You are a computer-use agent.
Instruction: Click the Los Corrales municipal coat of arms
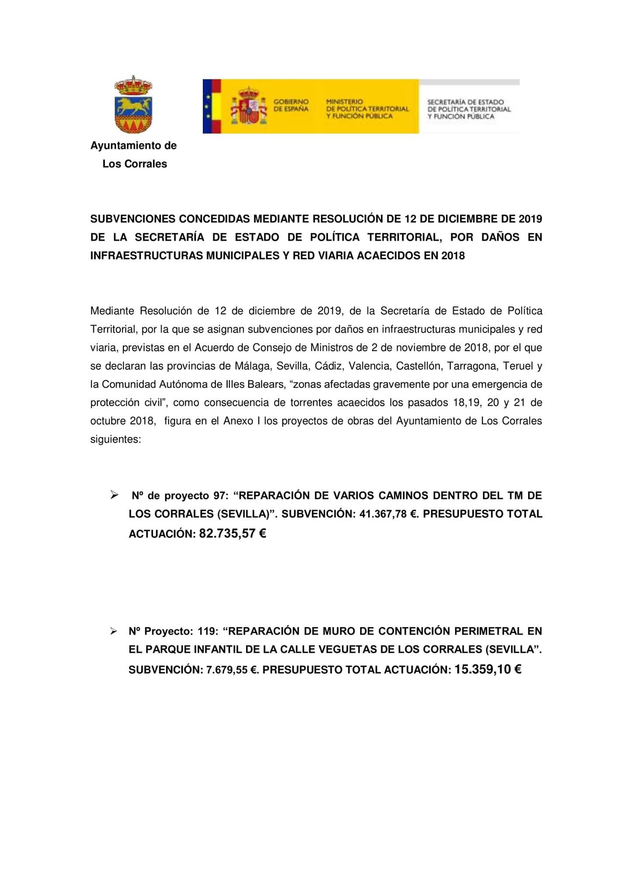[x=133, y=104]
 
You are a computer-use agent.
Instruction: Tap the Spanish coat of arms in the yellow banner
[x=248, y=106]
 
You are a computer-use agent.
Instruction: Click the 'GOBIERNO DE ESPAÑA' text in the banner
[x=291, y=105]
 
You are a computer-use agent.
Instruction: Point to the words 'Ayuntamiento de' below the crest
[x=133, y=146]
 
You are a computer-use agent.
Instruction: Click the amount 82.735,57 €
[x=233, y=534]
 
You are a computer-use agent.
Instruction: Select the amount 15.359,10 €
[x=488, y=669]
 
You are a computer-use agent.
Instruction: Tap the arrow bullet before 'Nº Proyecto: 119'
[x=114, y=631]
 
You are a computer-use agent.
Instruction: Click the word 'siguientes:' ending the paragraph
[x=115, y=439]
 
